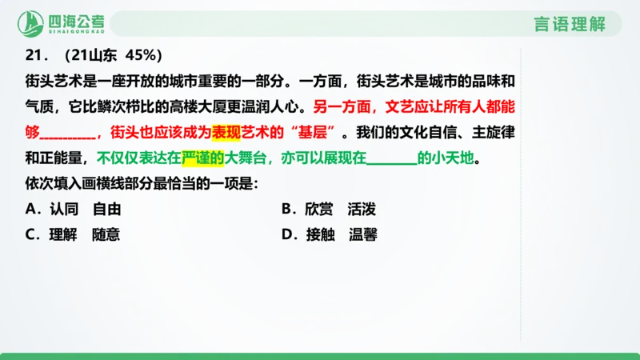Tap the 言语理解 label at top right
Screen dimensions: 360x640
pyautogui.click(x=569, y=23)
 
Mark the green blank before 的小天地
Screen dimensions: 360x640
pyautogui.click(x=391, y=158)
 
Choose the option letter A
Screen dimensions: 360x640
pyautogui.click(x=32, y=210)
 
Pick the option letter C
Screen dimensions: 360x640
pyautogui.click(x=32, y=235)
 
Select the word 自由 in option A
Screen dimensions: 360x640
pyautogui.click(x=106, y=210)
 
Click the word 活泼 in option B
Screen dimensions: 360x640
pyautogui.click(x=362, y=210)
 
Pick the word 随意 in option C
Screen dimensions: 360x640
pyautogui.click(x=106, y=235)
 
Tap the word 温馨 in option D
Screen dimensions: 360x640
pyautogui.click(x=362, y=235)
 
